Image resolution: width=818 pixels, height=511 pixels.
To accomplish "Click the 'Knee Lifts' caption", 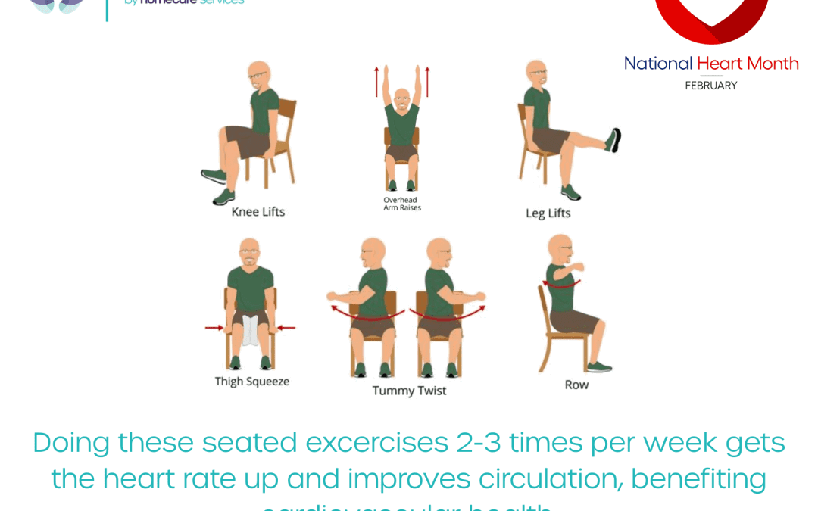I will click(x=258, y=212).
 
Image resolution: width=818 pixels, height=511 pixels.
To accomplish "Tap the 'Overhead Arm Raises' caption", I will click(x=401, y=204).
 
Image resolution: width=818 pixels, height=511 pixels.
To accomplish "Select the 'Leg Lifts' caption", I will click(x=548, y=213).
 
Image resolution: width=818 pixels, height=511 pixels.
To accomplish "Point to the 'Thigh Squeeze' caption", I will click(x=251, y=382).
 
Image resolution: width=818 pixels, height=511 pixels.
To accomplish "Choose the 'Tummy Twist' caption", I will click(x=409, y=391).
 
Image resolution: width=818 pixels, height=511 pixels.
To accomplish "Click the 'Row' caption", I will click(x=576, y=385).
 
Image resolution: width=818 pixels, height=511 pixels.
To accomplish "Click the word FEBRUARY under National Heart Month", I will click(x=710, y=86).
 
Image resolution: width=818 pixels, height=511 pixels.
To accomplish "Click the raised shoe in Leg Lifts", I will click(x=613, y=141).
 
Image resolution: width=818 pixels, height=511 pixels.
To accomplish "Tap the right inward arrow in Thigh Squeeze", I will click(x=286, y=328).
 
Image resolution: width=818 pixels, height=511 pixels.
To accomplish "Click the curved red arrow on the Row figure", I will click(x=561, y=285).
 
